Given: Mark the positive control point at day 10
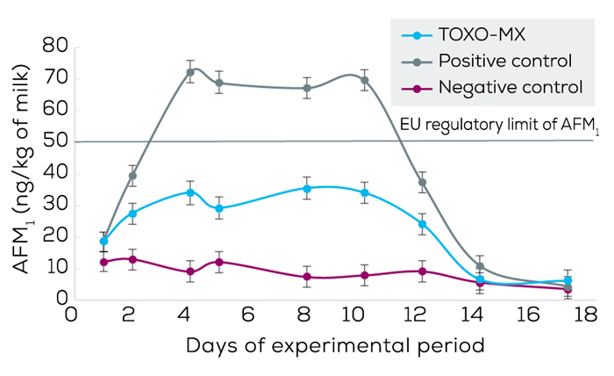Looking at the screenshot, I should point(364,80).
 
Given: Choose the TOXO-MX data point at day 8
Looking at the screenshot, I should point(306,189).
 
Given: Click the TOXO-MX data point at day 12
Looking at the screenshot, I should point(422,224).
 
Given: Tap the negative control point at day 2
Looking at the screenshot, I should point(132,259).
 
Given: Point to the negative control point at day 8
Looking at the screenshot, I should point(306,277).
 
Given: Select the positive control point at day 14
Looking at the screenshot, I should point(480,266).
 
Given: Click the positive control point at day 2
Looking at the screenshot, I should point(132,176).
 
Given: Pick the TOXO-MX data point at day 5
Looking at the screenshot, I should point(219,209).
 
